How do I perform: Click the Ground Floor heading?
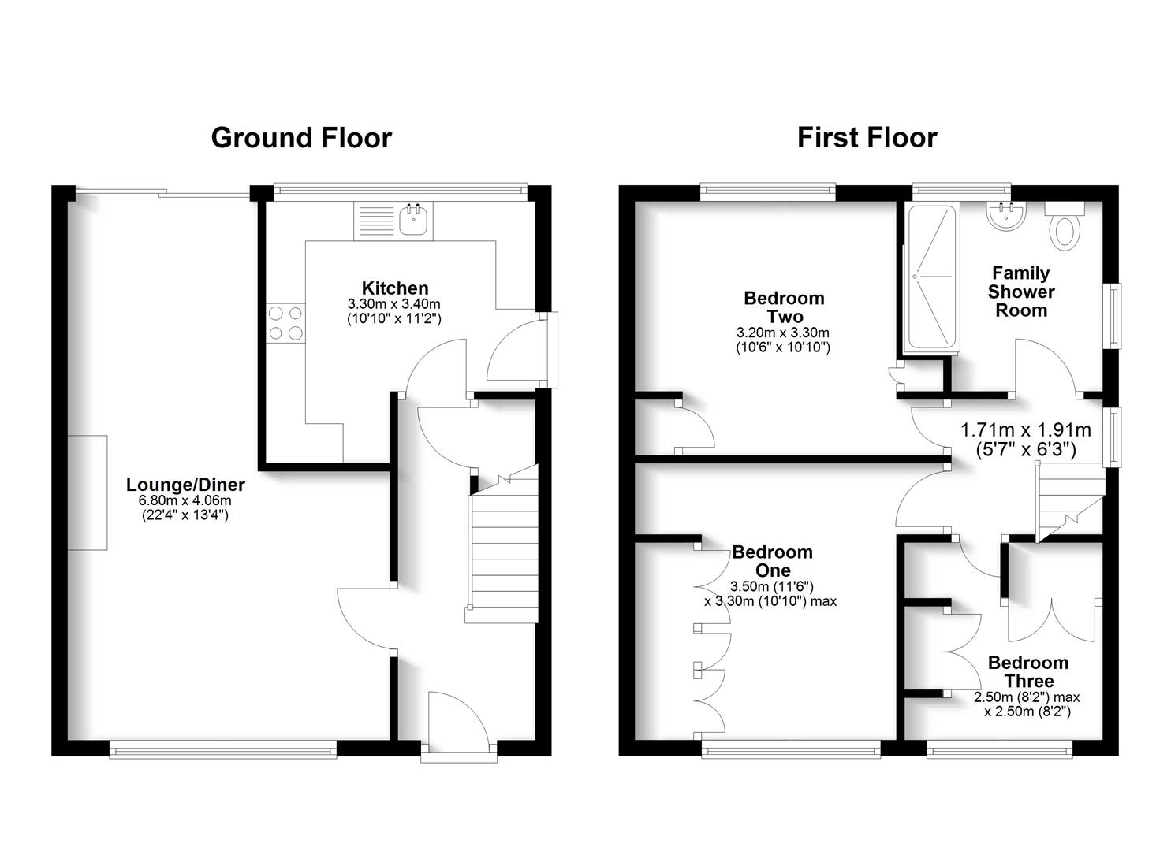point(301,138)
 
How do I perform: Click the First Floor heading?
point(867,138)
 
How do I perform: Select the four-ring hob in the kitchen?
point(285,323)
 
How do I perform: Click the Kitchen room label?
point(395,288)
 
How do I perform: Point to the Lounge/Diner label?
point(185,485)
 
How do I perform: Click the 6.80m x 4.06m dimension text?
point(185,501)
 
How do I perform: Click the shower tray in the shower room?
point(931,276)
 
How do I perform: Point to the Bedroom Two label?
point(784,307)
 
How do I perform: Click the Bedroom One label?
point(772,561)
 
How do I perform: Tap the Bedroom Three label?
point(1028,671)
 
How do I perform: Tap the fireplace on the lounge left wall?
point(87,492)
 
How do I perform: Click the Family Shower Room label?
point(1020,292)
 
